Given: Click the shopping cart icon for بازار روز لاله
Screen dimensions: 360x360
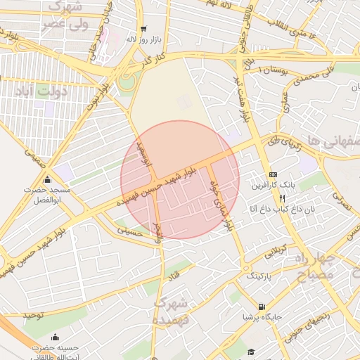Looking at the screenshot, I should [x=143, y=29].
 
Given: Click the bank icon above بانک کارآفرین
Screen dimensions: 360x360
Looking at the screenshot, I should [x=274, y=174].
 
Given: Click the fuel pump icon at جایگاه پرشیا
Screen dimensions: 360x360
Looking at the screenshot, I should [x=262, y=307].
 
